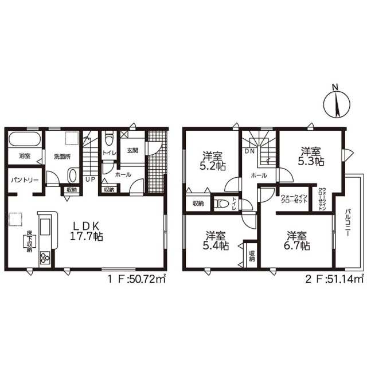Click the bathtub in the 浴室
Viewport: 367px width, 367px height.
[25, 139]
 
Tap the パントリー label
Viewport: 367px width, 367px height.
[25, 180]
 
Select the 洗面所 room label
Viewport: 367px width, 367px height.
[63, 157]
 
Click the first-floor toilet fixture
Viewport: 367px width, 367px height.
[109, 139]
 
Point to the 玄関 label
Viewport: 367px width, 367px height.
[132, 150]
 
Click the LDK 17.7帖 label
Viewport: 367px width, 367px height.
[87, 231]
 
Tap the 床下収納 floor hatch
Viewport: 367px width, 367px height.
[29, 241]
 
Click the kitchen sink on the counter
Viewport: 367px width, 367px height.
[45, 227]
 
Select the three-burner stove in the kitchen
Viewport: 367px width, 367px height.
[45, 257]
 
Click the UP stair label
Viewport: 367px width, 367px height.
[90, 179]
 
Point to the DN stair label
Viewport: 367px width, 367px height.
[249, 151]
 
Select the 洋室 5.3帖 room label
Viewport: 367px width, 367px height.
[311, 156]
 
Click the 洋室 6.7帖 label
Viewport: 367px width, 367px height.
[297, 240]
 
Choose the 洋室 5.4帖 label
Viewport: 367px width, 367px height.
[216, 240]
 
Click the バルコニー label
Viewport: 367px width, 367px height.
[347, 223]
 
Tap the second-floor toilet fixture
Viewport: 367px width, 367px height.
[221, 204]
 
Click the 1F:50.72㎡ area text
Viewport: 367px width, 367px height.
[137, 279]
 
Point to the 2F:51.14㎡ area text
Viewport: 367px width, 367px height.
[335, 279]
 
